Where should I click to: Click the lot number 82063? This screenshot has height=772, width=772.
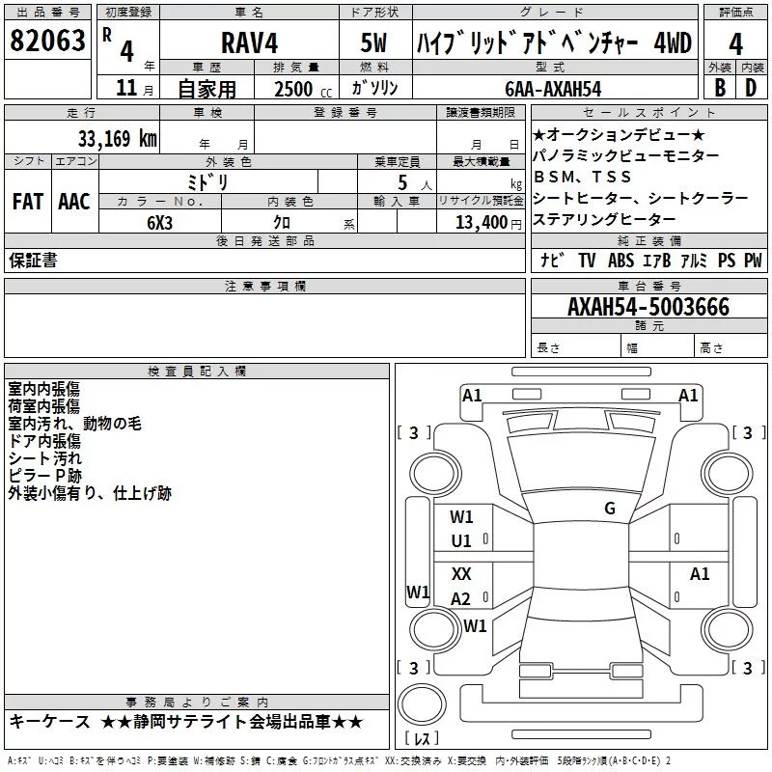46,42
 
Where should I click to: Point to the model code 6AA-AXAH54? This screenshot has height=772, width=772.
554,89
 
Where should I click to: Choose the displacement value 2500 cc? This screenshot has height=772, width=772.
293,89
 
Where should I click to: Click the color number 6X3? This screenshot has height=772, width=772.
160,222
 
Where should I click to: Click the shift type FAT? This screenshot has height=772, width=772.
28,202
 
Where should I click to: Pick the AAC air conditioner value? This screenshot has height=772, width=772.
73,202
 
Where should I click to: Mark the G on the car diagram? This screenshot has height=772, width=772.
610,509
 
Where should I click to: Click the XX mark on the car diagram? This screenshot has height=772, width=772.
461,573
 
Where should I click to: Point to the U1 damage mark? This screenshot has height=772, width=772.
461,541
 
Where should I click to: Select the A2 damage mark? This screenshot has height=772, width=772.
461,599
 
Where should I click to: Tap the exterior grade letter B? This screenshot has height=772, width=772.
719,88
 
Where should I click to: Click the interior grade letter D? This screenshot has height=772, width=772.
752,88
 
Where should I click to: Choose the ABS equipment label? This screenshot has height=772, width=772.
621,261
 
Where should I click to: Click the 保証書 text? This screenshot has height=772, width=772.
33,260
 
